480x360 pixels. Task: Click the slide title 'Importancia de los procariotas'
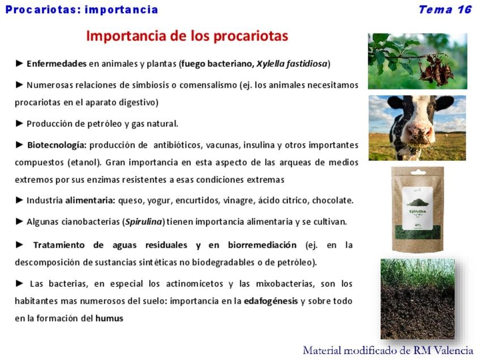[187, 36]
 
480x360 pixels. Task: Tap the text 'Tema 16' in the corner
[445, 10]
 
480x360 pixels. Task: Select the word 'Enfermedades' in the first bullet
[57, 63]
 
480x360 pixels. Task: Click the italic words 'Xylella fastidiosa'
[292, 63]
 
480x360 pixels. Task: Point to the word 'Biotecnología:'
[57, 145]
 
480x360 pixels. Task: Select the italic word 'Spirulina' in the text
[144, 222]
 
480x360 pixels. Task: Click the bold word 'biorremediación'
[262, 245]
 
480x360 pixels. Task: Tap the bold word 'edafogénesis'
[271, 301]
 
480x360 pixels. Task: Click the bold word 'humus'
[109, 318]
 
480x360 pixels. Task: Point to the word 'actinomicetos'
[194, 284]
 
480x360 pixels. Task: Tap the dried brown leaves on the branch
[436, 70]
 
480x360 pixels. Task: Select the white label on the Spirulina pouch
[418, 208]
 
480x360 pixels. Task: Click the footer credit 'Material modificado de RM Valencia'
[388, 350]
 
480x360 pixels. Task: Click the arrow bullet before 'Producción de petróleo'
[19, 123]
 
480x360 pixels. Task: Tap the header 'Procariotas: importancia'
[82, 10]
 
